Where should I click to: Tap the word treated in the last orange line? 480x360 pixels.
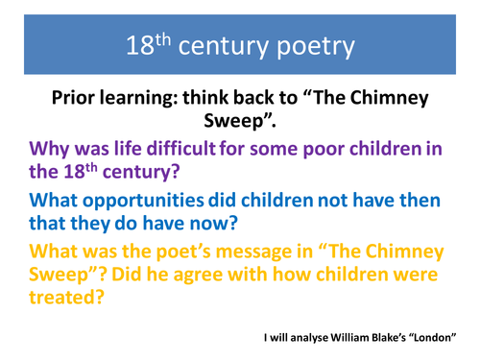pos(66,303)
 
